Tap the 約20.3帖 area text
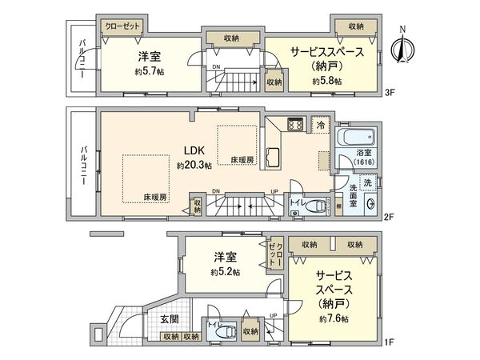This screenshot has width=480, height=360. click(x=194, y=166)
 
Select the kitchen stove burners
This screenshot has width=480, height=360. click(x=294, y=126)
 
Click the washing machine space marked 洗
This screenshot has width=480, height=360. click(x=366, y=183)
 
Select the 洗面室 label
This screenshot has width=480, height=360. click(x=353, y=195)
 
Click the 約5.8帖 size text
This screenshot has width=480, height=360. click(x=326, y=81)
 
